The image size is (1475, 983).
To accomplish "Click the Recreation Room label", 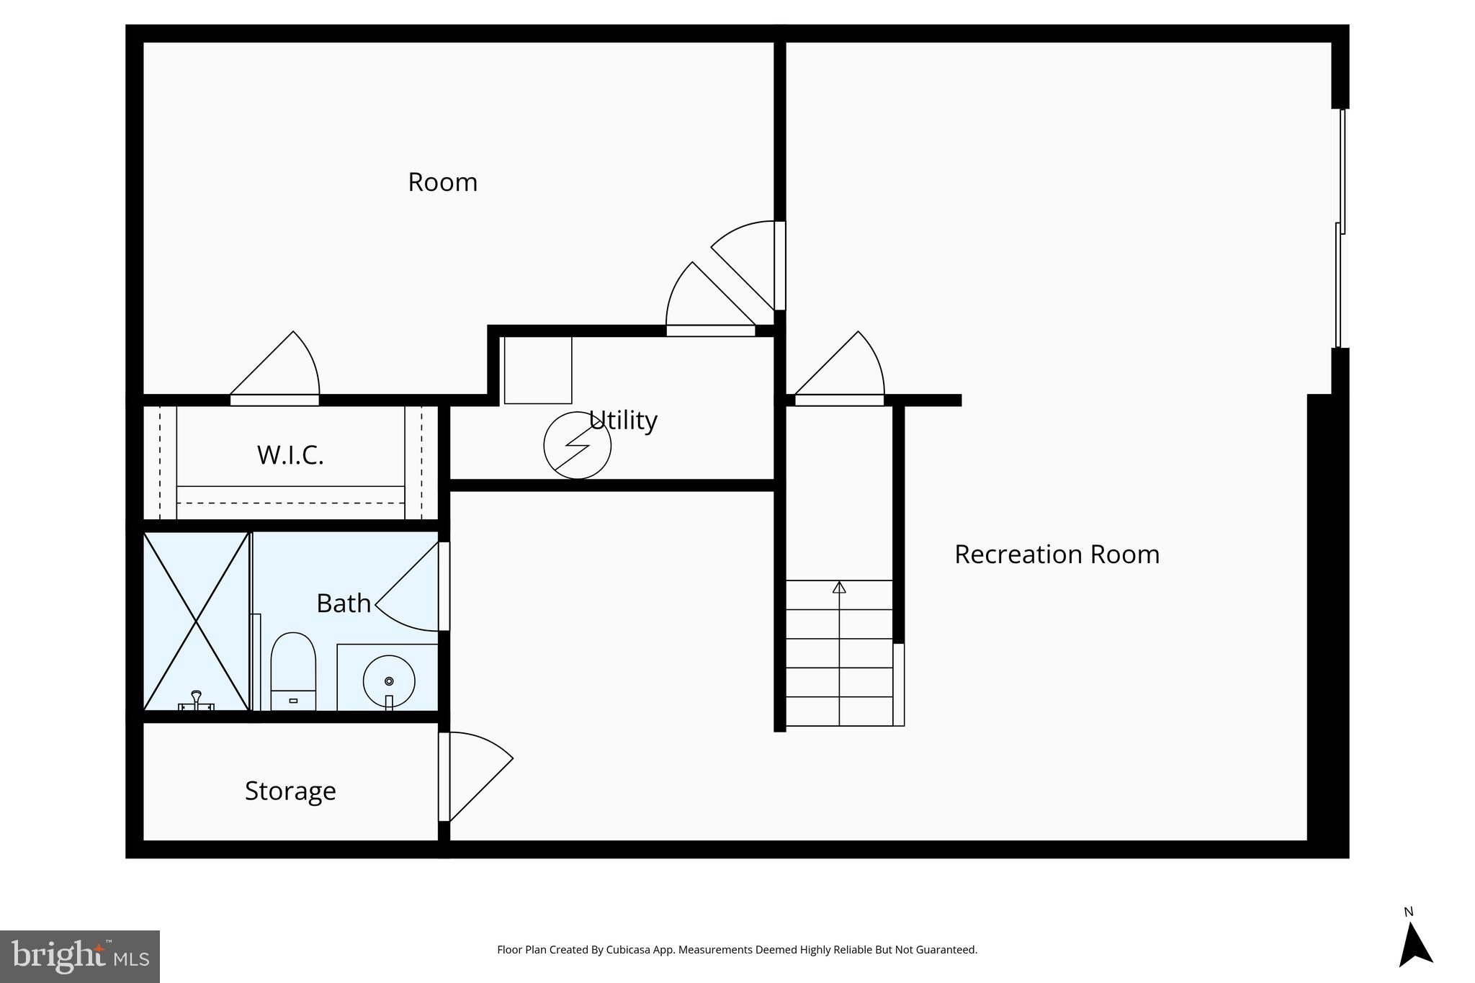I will click(x=1057, y=555).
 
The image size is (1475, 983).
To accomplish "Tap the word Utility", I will click(x=623, y=420).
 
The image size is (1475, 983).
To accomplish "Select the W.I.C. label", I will click(x=290, y=455).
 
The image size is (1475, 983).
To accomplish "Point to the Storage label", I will click(x=290, y=791).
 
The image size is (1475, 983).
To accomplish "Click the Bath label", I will click(x=344, y=603).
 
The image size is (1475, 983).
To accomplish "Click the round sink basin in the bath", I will click(x=389, y=681).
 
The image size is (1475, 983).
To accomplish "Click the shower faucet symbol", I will click(x=196, y=701).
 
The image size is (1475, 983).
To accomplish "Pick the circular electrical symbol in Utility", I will click(x=577, y=445).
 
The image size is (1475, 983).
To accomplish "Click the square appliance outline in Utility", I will click(x=537, y=370).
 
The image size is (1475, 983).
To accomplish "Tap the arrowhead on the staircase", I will click(x=839, y=587).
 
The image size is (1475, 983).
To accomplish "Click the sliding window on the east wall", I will click(x=1340, y=229).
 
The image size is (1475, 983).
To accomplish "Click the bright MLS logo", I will click(x=79, y=956).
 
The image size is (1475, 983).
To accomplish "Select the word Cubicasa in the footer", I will click(x=625, y=950).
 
